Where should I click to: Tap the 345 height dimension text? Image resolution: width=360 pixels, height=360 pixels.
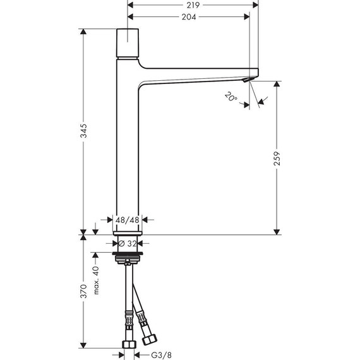click(x=83, y=131)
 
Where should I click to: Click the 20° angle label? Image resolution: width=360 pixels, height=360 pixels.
click(x=231, y=97)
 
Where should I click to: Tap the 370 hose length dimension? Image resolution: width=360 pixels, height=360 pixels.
click(x=83, y=292)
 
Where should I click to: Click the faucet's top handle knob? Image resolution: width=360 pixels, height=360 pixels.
click(x=130, y=42)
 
